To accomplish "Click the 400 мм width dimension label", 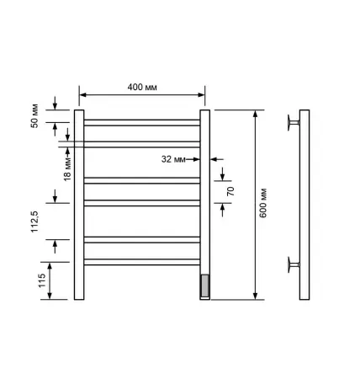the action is click(142, 87).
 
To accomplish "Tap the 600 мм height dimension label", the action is click(262, 203).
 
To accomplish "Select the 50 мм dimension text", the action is click(34, 116).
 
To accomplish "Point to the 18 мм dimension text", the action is click(67, 168).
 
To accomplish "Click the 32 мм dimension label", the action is click(173, 159).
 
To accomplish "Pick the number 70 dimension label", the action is click(230, 191).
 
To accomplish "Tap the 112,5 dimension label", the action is click(34, 222).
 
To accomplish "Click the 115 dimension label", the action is click(42, 280).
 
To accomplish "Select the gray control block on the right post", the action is click(205, 286).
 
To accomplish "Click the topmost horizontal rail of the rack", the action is click(142, 123).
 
